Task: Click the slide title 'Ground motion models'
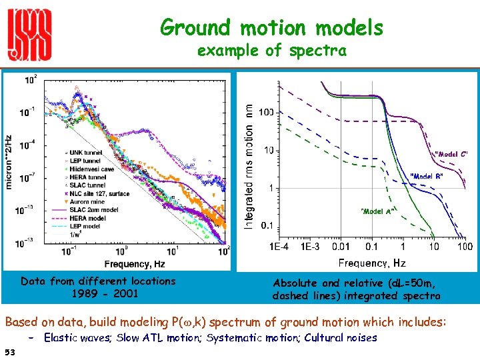(271, 28)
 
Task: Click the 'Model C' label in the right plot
(451, 154)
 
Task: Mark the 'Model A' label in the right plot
(376, 211)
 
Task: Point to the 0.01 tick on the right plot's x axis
(341, 247)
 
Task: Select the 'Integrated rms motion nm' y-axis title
(248, 167)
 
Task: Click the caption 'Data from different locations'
(98, 281)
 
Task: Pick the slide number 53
(9, 351)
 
